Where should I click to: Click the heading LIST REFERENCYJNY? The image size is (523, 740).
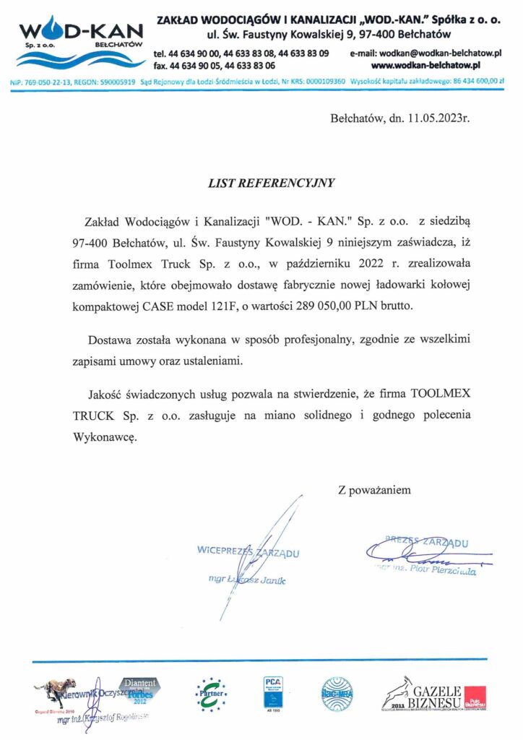pos(272,183)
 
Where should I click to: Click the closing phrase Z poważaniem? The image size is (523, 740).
pos(374,490)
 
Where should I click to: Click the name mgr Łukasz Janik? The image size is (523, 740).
pos(242,580)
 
